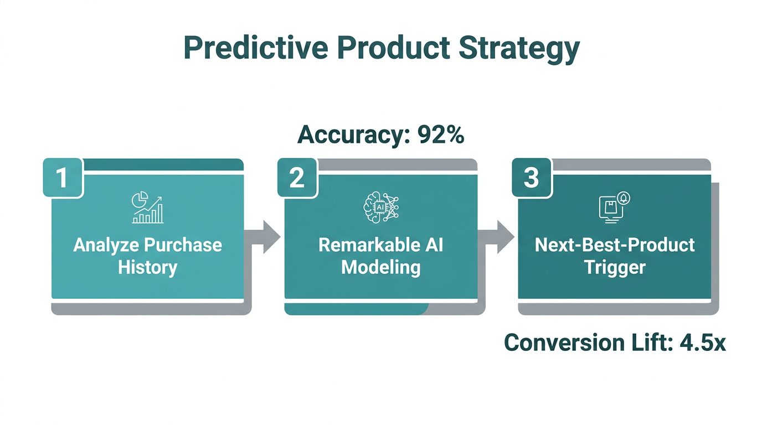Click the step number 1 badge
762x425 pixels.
63,178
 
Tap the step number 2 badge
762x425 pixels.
297,178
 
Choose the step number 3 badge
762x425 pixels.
531,178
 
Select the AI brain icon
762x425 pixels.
381,209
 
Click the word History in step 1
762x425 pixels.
147,267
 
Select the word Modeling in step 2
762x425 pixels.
381,267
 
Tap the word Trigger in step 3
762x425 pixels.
615,267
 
